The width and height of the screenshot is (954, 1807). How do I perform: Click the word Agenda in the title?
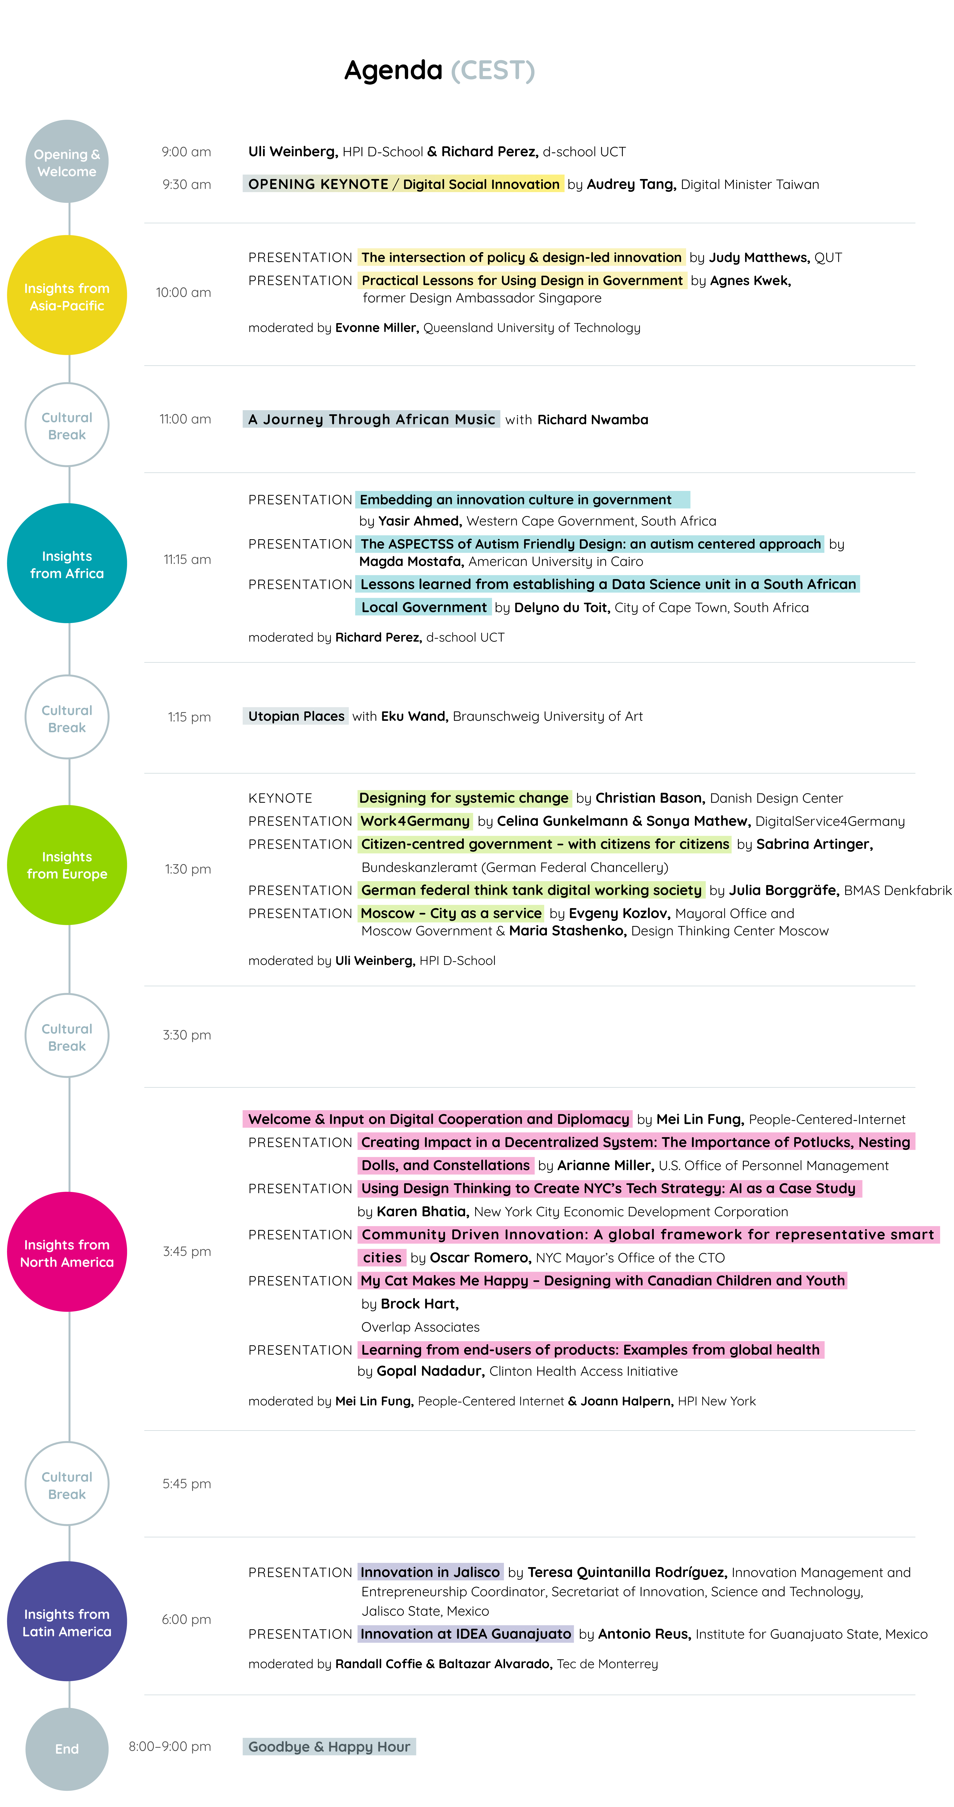coord(393,71)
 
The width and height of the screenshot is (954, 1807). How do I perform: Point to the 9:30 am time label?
coord(187,185)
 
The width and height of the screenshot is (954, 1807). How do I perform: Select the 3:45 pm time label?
coord(187,1251)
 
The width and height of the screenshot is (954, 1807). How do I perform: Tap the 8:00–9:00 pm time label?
coord(170,1746)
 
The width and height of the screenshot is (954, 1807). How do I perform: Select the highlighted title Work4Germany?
coord(415,821)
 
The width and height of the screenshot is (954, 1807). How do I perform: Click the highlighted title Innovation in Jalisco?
coord(430,1572)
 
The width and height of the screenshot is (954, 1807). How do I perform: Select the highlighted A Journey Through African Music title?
coord(371,419)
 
